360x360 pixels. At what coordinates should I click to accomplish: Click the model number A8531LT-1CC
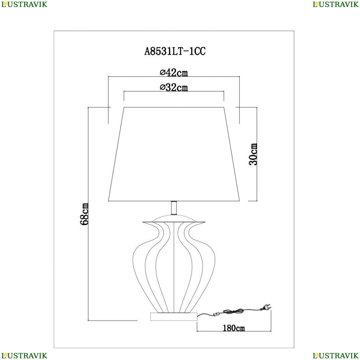coord(175,51)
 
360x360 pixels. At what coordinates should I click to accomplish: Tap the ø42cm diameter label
coord(174,73)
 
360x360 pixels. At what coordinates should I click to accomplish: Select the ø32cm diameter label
coord(174,87)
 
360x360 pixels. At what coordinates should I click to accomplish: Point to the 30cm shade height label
coord(253,154)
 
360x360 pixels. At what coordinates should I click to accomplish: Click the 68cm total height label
coord(84,214)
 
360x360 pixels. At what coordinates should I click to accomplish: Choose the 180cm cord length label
coord(234,328)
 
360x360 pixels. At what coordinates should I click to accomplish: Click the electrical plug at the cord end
coord(266,307)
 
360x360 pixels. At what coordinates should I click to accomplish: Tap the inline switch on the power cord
coord(216,314)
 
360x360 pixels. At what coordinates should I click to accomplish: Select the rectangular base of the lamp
coord(174,316)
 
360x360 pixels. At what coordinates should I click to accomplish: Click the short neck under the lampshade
coord(174,208)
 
